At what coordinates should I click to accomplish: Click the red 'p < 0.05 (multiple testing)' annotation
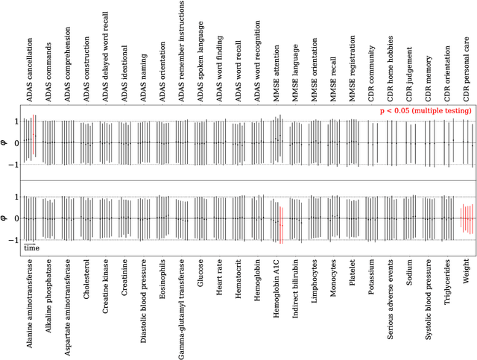(426, 110)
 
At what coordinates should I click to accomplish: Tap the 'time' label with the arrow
(31, 247)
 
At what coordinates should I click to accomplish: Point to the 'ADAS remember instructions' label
(182, 52)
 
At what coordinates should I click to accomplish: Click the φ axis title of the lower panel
(7, 218)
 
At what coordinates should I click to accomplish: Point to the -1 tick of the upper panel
(16, 165)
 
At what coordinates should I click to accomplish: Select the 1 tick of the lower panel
(18, 196)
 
